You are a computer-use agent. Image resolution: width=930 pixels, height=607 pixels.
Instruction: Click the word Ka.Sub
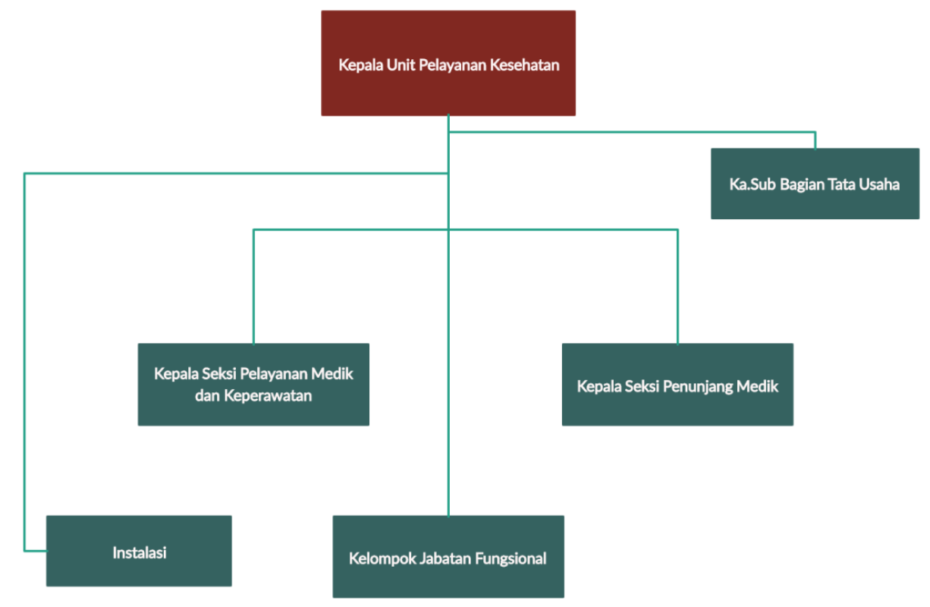pyautogui.click(x=749, y=184)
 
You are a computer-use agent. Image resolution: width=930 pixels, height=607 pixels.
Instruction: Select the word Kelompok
pyautogui.click(x=381, y=559)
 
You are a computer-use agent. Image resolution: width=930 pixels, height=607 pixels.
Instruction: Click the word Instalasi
pyautogui.click(x=139, y=552)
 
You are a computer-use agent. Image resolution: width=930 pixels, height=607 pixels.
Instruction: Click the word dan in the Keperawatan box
pyautogui.click(x=206, y=396)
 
